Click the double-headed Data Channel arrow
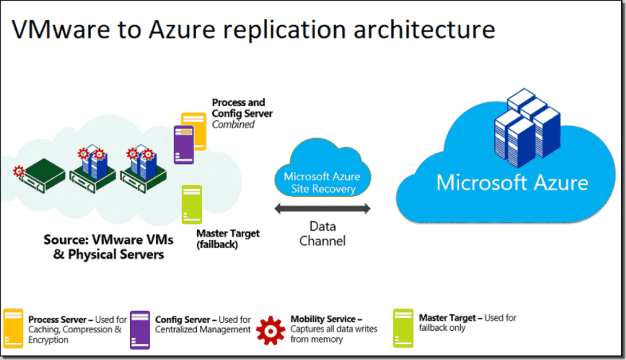pos(323,209)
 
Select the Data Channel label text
pos(323,233)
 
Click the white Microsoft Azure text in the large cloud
pos(512,183)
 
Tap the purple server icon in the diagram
pos(184,144)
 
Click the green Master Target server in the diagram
pos(191,205)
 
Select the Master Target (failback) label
pos(228,239)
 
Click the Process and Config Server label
pos(242,108)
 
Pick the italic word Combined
pos(233,125)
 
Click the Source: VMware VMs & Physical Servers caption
pos(108,247)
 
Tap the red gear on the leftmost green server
pos(19,170)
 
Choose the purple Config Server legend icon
pos(140,329)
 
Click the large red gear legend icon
pos(271,330)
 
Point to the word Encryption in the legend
pos(48,340)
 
